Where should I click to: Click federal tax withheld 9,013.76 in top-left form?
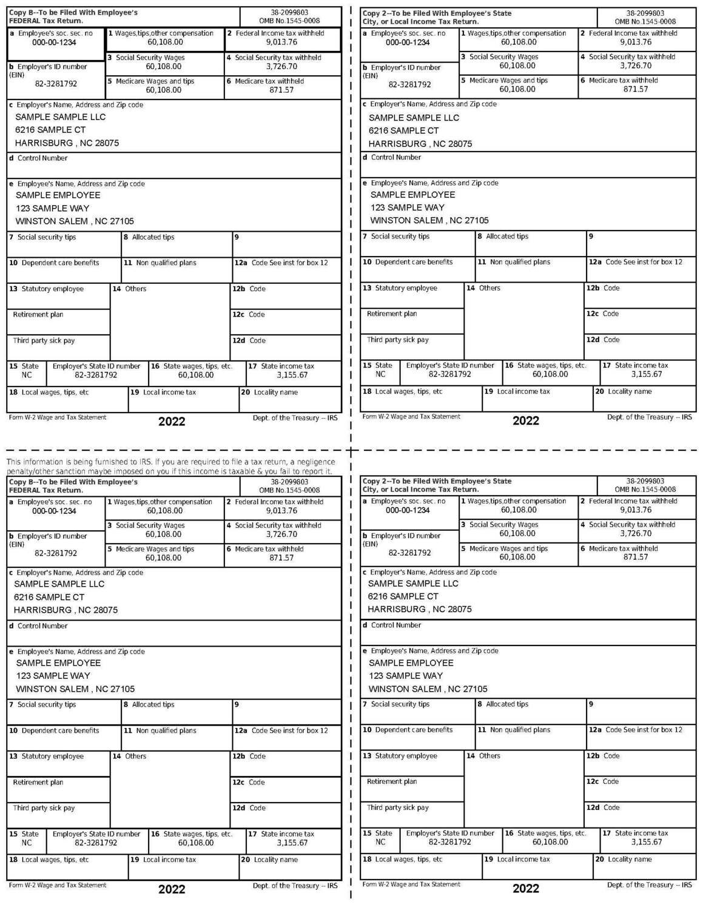click(x=281, y=42)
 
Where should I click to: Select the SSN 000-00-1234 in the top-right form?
click(x=408, y=42)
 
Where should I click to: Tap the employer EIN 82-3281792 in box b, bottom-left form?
click(x=56, y=553)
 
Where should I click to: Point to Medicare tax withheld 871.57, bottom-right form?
click(x=636, y=557)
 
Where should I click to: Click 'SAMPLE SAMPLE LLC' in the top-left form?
click(x=60, y=117)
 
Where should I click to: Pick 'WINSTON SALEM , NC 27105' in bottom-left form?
click(x=75, y=689)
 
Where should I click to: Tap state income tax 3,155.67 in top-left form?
click(x=292, y=375)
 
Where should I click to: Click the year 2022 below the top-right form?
click(x=525, y=421)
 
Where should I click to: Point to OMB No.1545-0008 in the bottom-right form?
click(x=645, y=490)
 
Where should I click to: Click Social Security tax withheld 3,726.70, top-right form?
click(x=636, y=66)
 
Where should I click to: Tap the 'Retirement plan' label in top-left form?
click(x=38, y=315)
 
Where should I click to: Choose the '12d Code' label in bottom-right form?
click(x=603, y=808)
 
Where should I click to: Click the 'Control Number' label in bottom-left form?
click(x=42, y=626)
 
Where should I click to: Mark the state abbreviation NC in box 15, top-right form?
click(x=380, y=374)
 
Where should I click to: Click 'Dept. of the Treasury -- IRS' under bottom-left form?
click(x=295, y=886)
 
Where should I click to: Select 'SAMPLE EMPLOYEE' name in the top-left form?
click(x=58, y=195)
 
